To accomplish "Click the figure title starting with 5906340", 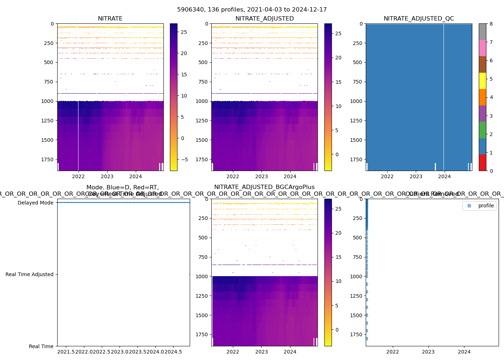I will pyautogui.click(x=252, y=10).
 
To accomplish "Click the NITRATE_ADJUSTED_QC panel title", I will pyautogui.click(x=419, y=19).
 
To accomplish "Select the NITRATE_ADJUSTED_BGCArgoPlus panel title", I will pyautogui.click(x=264, y=187).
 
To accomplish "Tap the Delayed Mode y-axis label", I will pyautogui.click(x=35, y=203).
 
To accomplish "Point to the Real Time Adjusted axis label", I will pyautogui.click(x=30, y=274).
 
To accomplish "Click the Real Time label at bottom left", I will pyautogui.click(x=41, y=346).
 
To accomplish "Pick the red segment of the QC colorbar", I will pyautogui.click(x=482, y=163).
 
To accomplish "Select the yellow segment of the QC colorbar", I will pyautogui.click(x=482, y=81).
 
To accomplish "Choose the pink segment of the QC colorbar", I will pyautogui.click(x=482, y=48).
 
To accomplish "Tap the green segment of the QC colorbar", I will pyautogui.click(x=482, y=130).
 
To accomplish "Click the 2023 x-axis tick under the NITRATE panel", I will pyautogui.click(x=107, y=176).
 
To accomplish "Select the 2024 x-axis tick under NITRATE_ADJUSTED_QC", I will pyautogui.click(x=445, y=176).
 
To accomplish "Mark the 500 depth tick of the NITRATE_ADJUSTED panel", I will pyautogui.click(x=204, y=62).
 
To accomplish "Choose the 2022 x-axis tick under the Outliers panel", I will pyautogui.click(x=392, y=352).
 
